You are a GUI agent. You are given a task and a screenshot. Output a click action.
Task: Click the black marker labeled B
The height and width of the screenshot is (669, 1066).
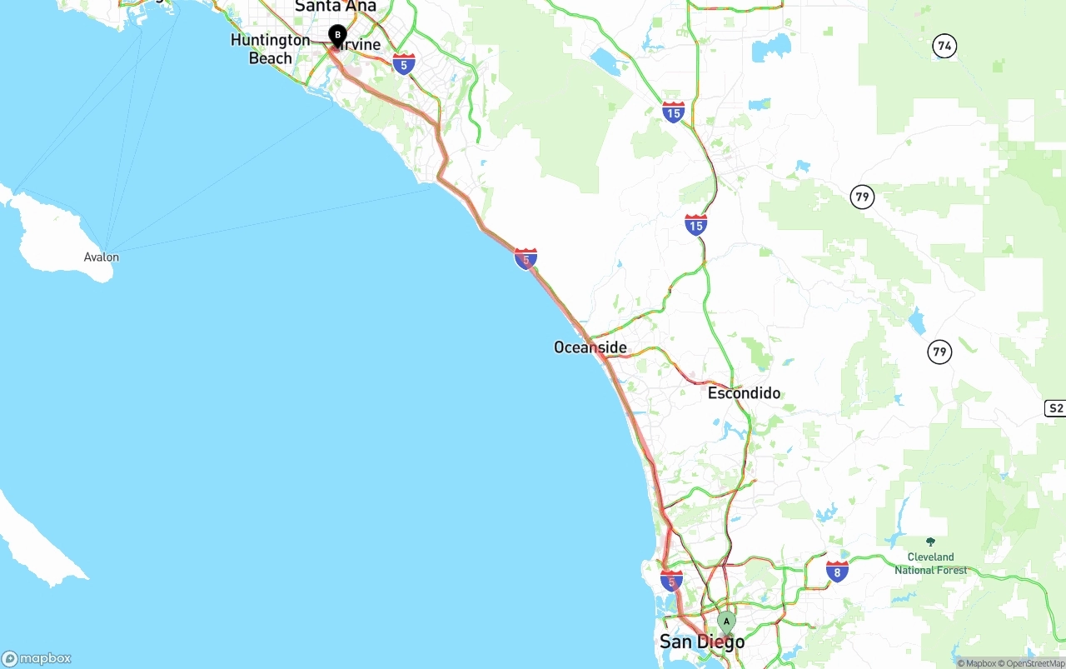[x=337, y=36]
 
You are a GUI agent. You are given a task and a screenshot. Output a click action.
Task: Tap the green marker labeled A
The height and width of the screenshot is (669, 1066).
[x=726, y=622]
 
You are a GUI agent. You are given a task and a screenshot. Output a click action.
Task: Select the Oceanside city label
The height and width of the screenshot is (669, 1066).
[x=590, y=347]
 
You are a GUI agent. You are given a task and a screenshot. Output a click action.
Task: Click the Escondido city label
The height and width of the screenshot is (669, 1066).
[x=744, y=392]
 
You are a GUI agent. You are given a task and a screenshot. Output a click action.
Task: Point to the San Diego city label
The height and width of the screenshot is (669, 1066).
[x=702, y=642]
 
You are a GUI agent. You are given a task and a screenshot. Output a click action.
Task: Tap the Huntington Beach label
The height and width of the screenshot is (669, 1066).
[x=270, y=49]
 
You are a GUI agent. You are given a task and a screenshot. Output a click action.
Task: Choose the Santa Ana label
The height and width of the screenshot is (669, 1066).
[x=336, y=7]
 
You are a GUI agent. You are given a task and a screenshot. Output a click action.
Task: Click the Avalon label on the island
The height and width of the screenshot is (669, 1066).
[x=102, y=257]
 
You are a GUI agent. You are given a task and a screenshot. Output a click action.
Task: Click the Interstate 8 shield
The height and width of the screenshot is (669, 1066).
[x=837, y=571]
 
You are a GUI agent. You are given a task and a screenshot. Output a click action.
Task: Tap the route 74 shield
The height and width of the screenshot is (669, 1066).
[x=944, y=47]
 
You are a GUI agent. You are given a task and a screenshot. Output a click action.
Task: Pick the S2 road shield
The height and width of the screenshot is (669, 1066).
[x=1055, y=407]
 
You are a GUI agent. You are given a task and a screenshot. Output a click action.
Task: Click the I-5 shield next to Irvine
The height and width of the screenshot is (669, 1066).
[x=404, y=63]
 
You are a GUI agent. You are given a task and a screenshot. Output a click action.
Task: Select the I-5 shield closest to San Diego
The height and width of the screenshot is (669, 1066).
[x=671, y=580]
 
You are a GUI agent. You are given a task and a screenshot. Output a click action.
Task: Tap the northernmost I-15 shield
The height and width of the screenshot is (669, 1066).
[x=674, y=112]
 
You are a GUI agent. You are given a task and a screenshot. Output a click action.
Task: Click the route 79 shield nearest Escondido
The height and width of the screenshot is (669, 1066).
[x=939, y=352]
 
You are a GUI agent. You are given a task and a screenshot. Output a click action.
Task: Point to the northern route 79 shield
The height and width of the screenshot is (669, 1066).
[x=862, y=197]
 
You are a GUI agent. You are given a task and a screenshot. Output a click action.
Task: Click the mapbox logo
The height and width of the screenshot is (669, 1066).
[x=37, y=658]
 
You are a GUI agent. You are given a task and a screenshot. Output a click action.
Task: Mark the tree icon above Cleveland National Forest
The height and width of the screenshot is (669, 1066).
[x=930, y=542]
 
